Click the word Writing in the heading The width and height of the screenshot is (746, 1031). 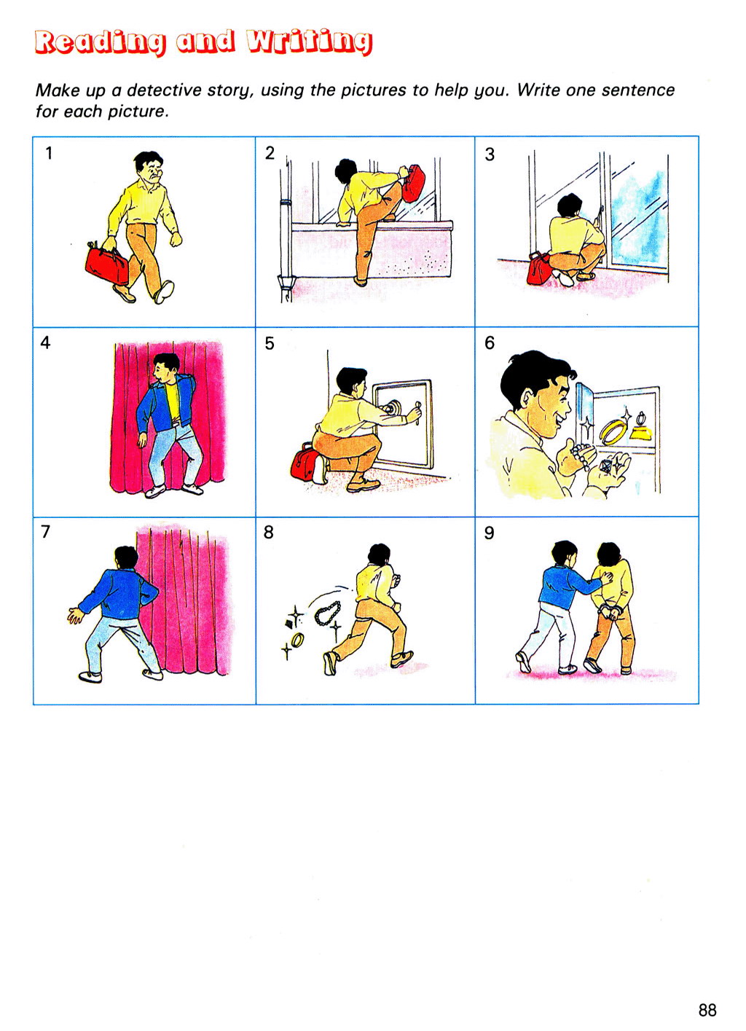click(x=309, y=42)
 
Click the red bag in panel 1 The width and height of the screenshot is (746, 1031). click(x=107, y=265)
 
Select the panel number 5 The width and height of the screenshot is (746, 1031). click(x=270, y=343)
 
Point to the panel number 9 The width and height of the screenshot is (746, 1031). click(x=489, y=533)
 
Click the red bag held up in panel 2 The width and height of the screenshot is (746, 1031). click(x=413, y=183)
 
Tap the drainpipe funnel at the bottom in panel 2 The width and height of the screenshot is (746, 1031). click(x=286, y=283)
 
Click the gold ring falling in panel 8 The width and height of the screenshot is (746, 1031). click(x=298, y=639)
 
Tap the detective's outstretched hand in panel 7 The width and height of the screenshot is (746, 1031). click(x=74, y=616)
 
